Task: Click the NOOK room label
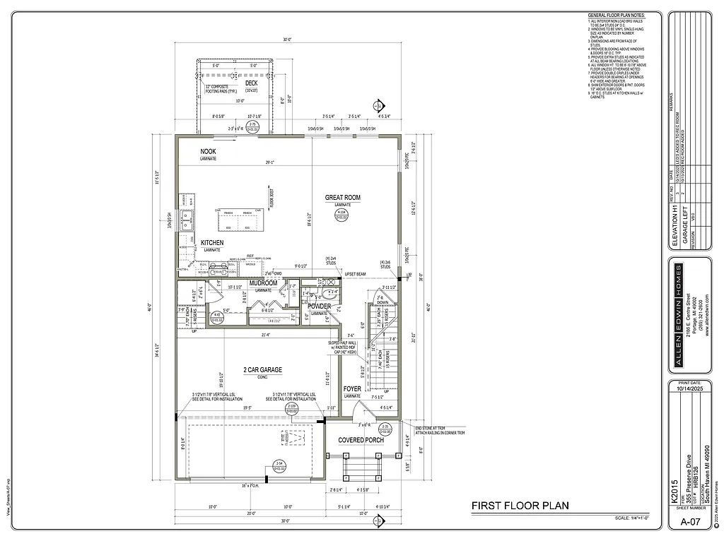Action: click(x=208, y=152)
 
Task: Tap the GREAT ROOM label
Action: click(x=343, y=198)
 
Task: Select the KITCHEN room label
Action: click(x=212, y=243)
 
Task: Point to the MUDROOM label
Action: click(x=264, y=283)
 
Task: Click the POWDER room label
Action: click(x=319, y=307)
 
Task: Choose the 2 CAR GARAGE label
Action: click(x=263, y=370)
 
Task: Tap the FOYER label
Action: click(x=353, y=389)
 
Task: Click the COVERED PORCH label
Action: click(x=361, y=440)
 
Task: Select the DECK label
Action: click(x=251, y=83)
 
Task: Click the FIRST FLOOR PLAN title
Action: click(x=520, y=506)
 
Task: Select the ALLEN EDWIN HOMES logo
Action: click(x=677, y=318)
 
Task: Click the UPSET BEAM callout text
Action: click(x=354, y=273)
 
